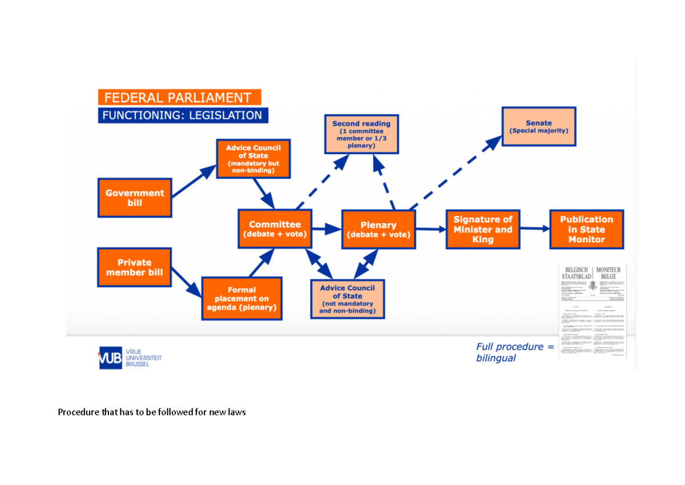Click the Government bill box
[135, 198]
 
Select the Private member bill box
[135, 267]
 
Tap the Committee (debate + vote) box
[275, 229]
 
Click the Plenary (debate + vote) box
[378, 229]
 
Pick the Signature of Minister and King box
[482, 229]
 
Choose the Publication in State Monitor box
[586, 229]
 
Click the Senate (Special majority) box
[538, 126]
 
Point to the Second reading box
[361, 134]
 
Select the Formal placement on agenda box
[241, 299]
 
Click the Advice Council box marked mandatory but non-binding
[253, 159]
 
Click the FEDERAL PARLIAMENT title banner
[179, 98]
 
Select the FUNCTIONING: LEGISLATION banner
[183, 115]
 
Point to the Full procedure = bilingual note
[515, 352]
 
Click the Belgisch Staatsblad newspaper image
[593, 310]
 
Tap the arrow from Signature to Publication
[534, 229]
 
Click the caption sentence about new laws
[152, 412]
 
